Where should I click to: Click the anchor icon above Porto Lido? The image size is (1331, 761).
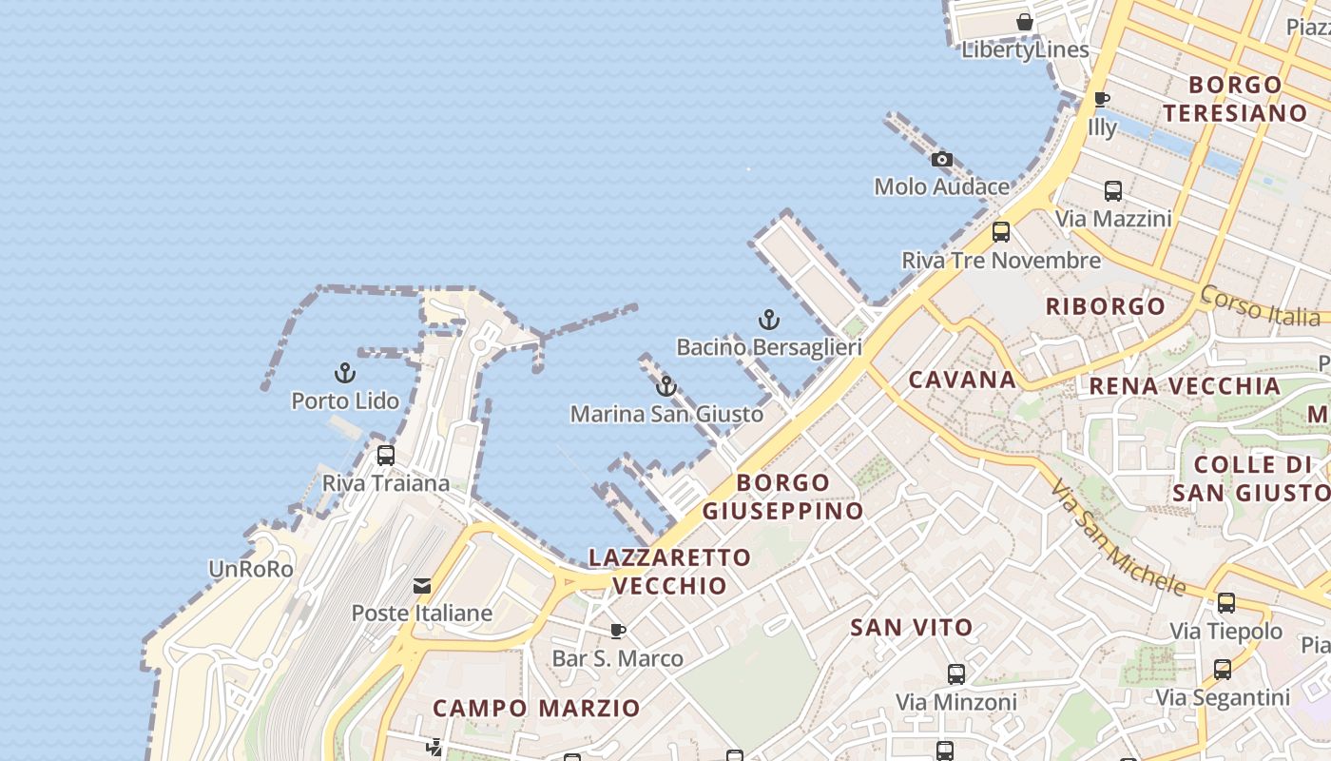(345, 373)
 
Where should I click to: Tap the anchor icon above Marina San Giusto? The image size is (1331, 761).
(666, 386)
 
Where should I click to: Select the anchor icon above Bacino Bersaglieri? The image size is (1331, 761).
(768, 320)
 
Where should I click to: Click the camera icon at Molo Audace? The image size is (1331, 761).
(941, 159)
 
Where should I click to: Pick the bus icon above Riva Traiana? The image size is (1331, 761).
(385, 456)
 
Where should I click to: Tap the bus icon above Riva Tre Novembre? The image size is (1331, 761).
(1000, 232)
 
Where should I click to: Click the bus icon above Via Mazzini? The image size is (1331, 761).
(1112, 191)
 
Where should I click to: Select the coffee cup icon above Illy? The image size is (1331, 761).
(1101, 99)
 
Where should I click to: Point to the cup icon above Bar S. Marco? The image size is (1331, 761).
(618, 631)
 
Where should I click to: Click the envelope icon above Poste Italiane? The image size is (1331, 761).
(422, 586)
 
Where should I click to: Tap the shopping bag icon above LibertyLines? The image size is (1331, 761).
(1024, 22)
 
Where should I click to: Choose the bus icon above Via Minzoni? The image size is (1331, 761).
(955, 674)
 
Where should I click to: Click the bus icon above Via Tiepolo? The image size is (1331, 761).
(1225, 603)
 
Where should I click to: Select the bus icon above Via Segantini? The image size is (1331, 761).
(1222, 670)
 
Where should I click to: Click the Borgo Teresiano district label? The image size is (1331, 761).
(1235, 99)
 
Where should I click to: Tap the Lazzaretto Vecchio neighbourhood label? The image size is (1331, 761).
(669, 571)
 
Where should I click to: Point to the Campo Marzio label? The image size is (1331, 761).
(536, 709)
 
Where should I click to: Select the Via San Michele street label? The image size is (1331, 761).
(1118, 537)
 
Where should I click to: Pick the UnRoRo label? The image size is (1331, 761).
(251, 569)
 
